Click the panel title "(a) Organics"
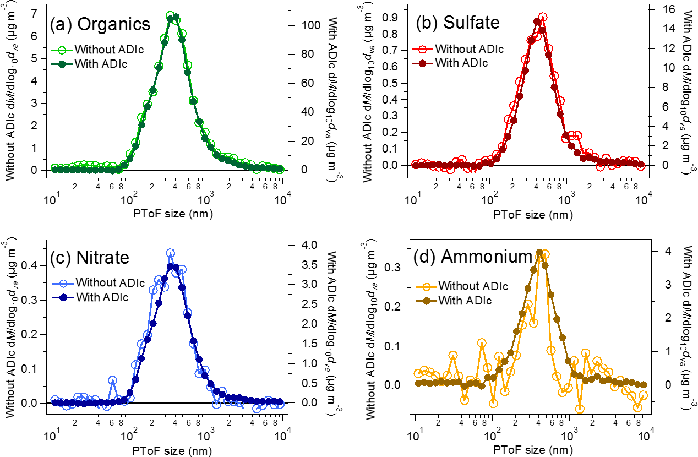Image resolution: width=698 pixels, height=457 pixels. click(100, 24)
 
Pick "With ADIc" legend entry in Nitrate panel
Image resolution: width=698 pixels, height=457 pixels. click(102, 298)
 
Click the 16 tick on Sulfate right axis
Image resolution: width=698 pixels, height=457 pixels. click(658, 9)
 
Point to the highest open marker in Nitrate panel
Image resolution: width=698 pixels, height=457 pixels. click(170, 253)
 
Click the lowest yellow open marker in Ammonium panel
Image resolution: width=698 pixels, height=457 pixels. click(579, 409)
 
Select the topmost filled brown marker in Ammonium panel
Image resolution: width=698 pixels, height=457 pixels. click(539, 253)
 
